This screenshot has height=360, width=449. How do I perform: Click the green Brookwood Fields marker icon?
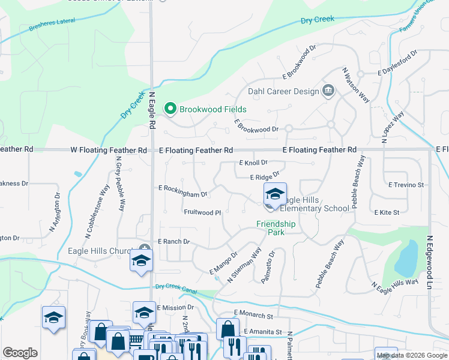[170, 109]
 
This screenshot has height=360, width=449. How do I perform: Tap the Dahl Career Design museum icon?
[328, 91]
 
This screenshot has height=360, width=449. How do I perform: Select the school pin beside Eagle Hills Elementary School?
[275, 195]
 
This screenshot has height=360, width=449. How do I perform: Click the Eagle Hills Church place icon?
[144, 249]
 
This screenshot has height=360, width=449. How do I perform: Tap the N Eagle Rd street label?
[152, 109]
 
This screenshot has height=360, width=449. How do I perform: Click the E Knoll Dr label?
[253, 163]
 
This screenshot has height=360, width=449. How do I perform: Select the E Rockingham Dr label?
[182, 191]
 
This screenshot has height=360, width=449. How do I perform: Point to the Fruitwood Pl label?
[202, 212]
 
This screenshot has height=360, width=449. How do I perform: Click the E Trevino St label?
[406, 185]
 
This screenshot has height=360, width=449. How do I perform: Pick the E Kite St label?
[387, 212]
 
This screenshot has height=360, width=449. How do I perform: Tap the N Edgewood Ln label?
[430, 259]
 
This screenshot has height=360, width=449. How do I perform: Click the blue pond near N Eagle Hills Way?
[405, 257]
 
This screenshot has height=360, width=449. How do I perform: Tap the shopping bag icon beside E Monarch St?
[228, 329]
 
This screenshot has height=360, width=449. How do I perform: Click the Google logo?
[20, 353]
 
